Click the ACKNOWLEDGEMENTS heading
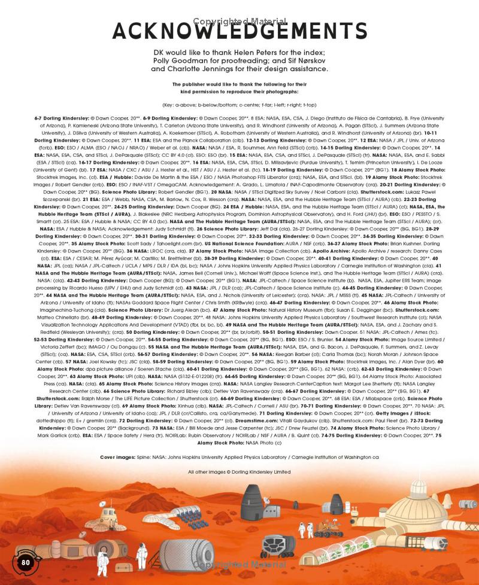pyautogui.click(x=239, y=31)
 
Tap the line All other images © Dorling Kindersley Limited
pyautogui.click(x=239, y=472)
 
